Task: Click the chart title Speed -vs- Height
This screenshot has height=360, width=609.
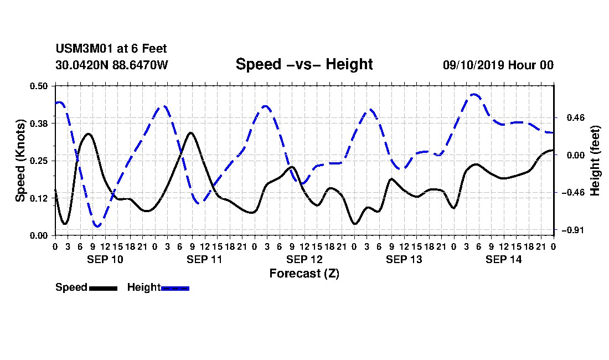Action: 304,64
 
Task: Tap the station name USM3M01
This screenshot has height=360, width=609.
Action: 84,49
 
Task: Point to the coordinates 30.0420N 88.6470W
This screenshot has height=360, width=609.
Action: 112,65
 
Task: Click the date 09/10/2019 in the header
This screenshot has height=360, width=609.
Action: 473,65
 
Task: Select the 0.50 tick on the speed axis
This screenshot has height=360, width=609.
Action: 38,86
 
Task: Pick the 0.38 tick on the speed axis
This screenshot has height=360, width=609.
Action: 38,124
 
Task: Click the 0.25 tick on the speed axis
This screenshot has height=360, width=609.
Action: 38,161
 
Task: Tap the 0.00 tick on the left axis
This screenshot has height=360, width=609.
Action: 38,236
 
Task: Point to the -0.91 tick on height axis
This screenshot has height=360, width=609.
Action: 573,230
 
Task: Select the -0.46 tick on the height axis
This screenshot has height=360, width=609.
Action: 573,193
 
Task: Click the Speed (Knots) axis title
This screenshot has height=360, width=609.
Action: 20,161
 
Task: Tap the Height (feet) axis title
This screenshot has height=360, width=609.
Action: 595,161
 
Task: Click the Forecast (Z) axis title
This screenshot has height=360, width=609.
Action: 304,274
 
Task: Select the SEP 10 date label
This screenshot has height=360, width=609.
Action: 105,259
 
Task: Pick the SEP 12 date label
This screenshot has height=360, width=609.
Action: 304,259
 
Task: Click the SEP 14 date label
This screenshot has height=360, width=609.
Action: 504,259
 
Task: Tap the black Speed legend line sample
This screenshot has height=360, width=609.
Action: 103,288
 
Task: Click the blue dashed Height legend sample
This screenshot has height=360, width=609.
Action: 175,288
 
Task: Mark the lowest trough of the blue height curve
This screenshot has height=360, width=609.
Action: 97,225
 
